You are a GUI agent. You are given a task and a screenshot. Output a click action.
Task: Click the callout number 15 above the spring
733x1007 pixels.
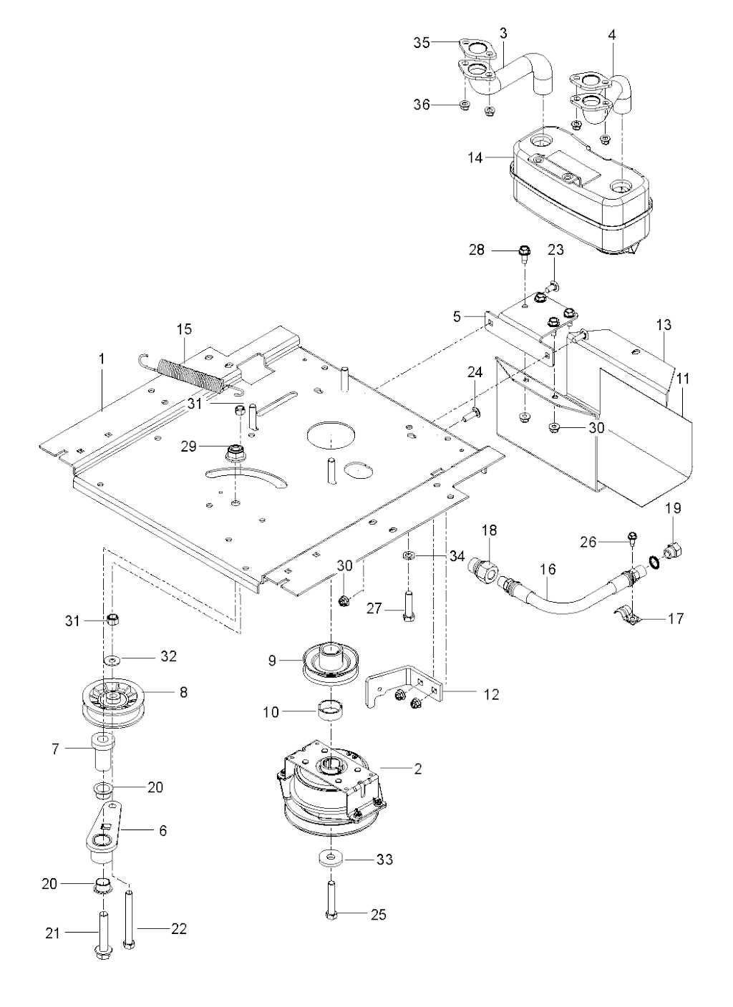(x=185, y=329)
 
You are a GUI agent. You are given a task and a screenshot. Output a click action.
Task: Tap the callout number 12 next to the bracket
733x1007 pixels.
(x=491, y=694)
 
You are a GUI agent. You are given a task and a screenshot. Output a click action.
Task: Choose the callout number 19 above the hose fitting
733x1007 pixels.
(x=673, y=509)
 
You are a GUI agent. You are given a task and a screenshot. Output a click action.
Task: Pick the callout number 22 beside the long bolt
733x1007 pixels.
(x=178, y=929)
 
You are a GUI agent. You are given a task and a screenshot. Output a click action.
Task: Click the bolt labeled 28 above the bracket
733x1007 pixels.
(x=523, y=252)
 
